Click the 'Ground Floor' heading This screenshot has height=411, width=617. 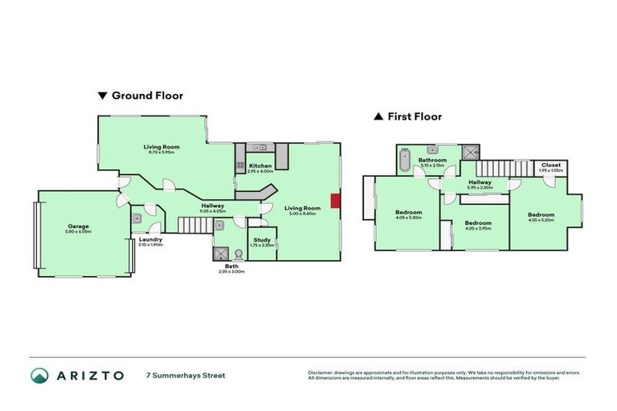146,96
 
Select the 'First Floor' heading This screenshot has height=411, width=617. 415,116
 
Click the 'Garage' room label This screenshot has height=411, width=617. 78,227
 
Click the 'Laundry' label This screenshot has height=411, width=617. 150,239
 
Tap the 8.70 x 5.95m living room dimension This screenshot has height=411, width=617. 161,153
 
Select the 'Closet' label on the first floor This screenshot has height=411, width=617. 551,165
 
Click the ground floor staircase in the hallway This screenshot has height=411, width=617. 255,193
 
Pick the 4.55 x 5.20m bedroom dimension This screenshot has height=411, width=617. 541,220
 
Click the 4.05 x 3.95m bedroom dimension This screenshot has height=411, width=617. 478,228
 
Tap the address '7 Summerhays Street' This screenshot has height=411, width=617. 186,375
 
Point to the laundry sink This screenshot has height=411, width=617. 137,216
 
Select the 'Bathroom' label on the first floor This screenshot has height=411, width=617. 432,161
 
